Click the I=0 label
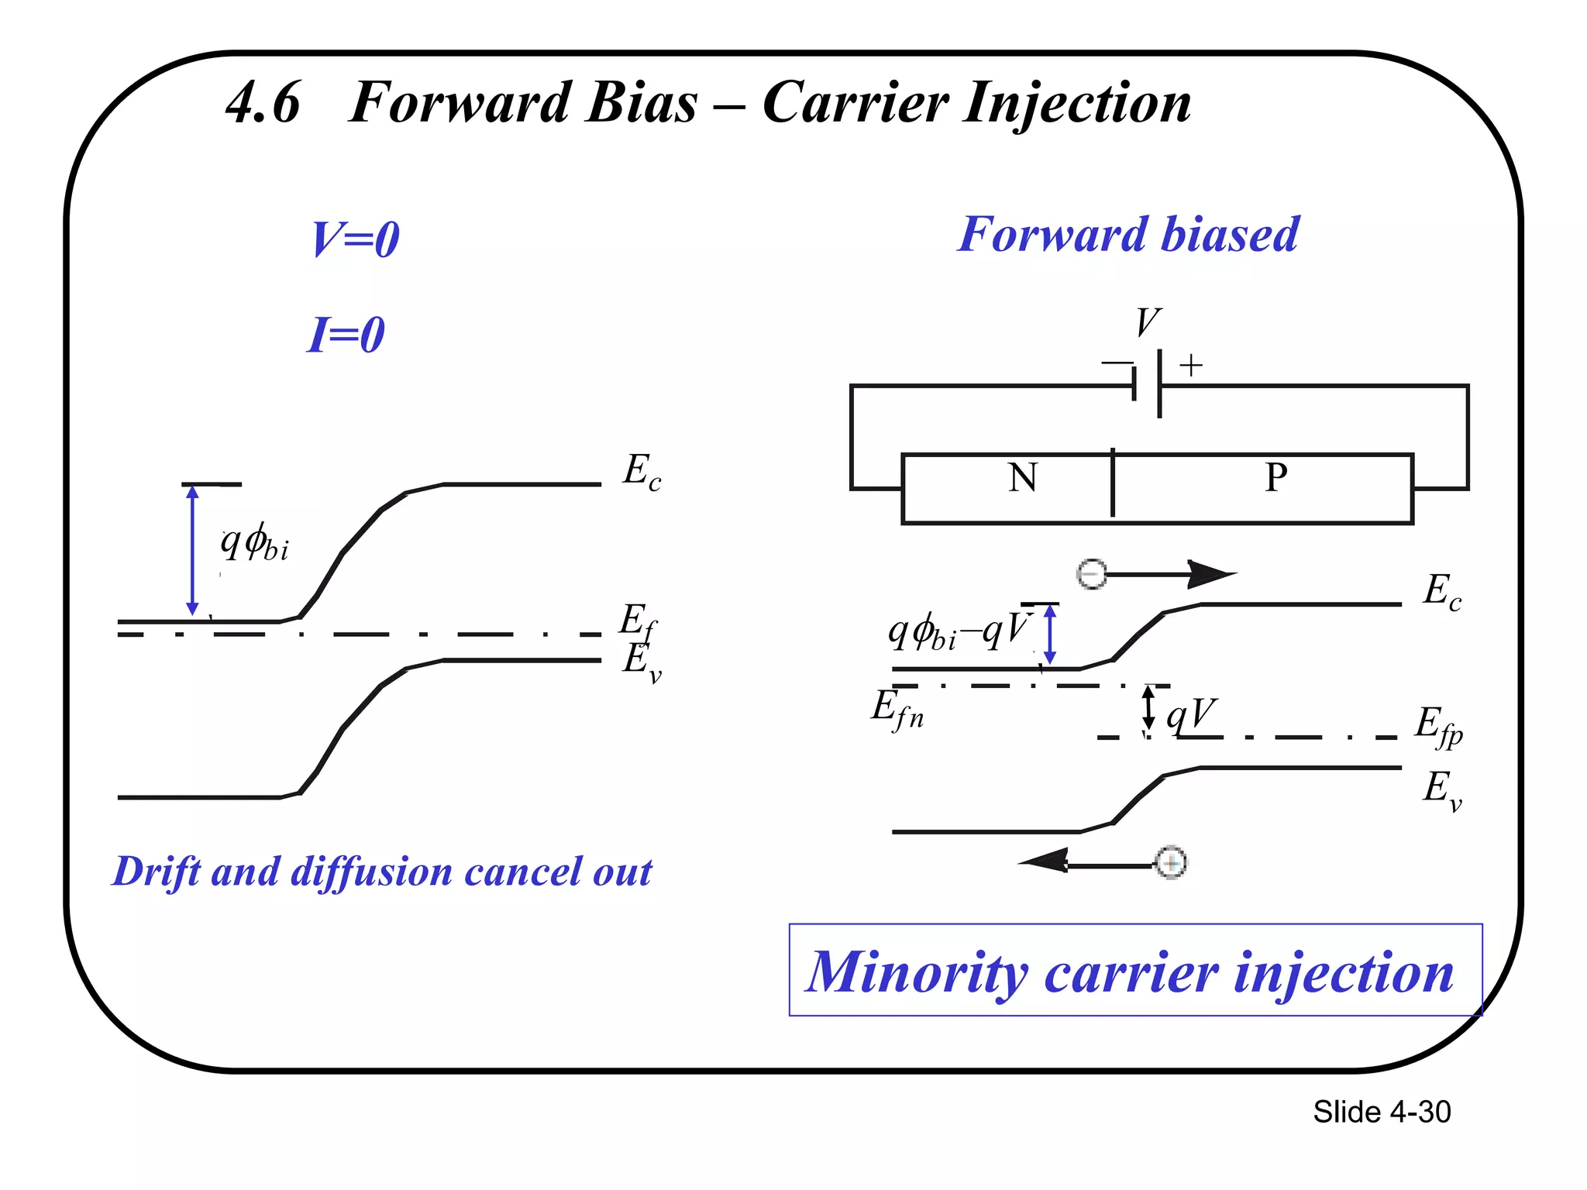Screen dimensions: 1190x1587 click(x=346, y=335)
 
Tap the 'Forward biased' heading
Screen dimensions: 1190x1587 click(x=1127, y=234)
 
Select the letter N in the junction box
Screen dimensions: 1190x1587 click(x=1023, y=477)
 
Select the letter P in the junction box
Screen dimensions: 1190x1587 click(x=1276, y=477)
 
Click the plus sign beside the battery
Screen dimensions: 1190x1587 click(x=1191, y=365)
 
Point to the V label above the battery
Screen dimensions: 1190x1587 click(x=1148, y=322)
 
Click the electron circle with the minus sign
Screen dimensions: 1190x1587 click(x=1092, y=574)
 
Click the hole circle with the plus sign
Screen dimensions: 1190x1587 click(x=1171, y=862)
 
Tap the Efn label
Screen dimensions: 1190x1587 click(x=897, y=709)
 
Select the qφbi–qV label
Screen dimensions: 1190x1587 click(x=959, y=631)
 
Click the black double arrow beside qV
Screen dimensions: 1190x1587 click(x=1149, y=709)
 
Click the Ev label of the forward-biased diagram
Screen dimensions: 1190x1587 click(x=1441, y=789)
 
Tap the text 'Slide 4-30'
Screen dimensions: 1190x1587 click(x=1382, y=1112)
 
